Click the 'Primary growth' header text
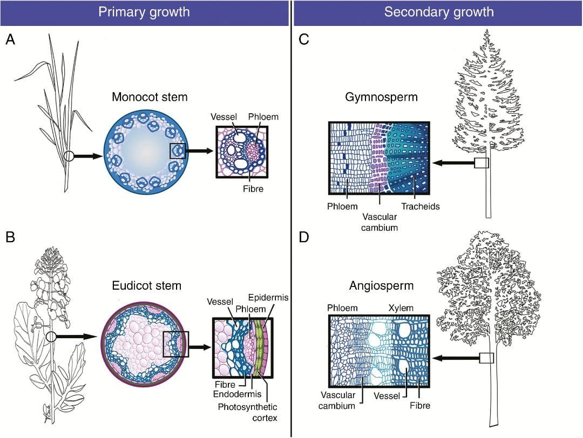click(x=144, y=12)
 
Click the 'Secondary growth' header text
click(x=438, y=12)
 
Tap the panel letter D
click(x=303, y=237)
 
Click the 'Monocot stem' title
click(x=150, y=98)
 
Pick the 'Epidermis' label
click(x=268, y=297)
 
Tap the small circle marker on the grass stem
click(x=68, y=156)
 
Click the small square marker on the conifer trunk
click(x=481, y=163)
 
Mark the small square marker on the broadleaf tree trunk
click(x=486, y=358)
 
